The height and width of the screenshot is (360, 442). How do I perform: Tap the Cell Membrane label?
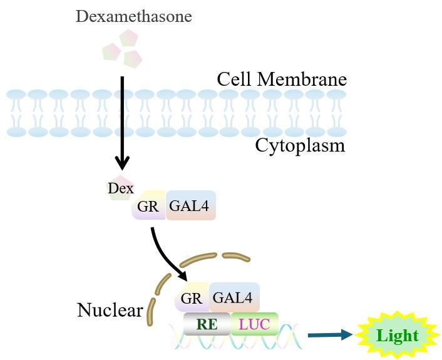click(282, 80)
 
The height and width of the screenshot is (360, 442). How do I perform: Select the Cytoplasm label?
click(300, 145)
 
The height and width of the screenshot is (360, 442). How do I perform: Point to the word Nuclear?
click(110, 309)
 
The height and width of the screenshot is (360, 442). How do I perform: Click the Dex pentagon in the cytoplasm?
click(120, 188)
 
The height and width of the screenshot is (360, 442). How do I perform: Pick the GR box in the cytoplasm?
click(148, 206)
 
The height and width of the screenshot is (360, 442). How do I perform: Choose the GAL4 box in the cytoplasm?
click(191, 205)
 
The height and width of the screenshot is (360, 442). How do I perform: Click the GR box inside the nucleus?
click(192, 297)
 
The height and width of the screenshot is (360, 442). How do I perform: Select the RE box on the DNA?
click(206, 324)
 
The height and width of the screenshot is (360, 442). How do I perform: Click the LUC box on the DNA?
click(254, 324)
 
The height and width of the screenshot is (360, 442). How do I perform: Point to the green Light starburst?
click(397, 335)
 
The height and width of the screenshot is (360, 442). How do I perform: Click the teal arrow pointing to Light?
click(330, 336)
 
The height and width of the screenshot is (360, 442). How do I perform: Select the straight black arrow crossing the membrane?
click(122, 122)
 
